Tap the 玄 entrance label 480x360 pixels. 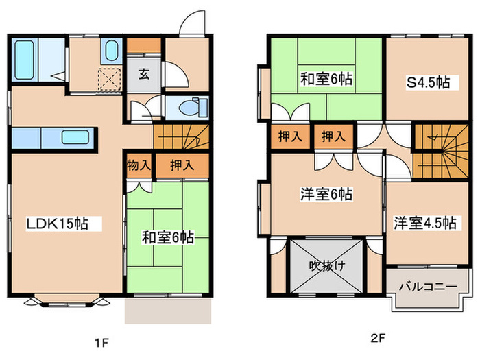pyautogui.click(x=144, y=75)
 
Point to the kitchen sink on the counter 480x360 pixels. pyautogui.click(x=75, y=137)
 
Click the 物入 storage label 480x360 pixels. pyautogui.click(x=139, y=165)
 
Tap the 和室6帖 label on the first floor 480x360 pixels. pyautogui.click(x=167, y=238)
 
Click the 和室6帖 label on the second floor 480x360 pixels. pyautogui.click(x=326, y=79)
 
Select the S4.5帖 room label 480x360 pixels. pyautogui.click(x=429, y=83)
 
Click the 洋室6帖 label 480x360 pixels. pyautogui.click(x=326, y=194)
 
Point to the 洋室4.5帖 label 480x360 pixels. pyautogui.click(x=424, y=223)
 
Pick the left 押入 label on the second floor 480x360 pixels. pyautogui.click(x=291, y=136)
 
